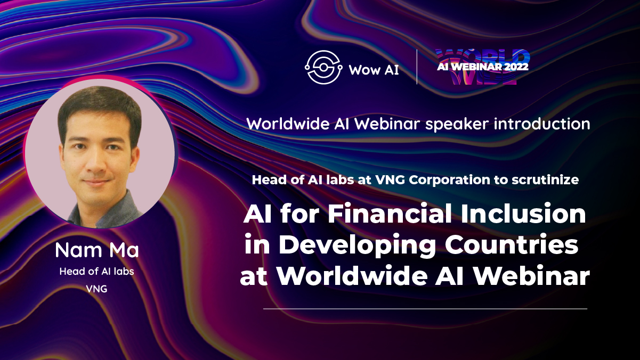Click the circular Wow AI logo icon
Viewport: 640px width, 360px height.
pyautogui.click(x=323, y=68)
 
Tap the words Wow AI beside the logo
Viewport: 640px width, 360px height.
pyautogui.click(x=374, y=70)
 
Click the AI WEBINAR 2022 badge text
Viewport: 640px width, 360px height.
pyautogui.click(x=483, y=67)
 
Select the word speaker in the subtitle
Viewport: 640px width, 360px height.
pyautogui.click(x=457, y=125)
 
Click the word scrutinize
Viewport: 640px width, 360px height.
pyautogui.click(x=545, y=180)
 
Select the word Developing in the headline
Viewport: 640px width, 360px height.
pyautogui.click(x=357, y=245)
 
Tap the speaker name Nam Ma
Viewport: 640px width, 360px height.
pyautogui.click(x=97, y=250)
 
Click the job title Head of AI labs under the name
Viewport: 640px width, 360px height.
pyautogui.click(x=96, y=271)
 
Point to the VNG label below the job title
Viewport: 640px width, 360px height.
pyautogui.click(x=96, y=289)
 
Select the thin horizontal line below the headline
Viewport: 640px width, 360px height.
pyautogui.click(x=425, y=309)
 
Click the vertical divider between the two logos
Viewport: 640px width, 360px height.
pyautogui.click(x=417, y=67)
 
